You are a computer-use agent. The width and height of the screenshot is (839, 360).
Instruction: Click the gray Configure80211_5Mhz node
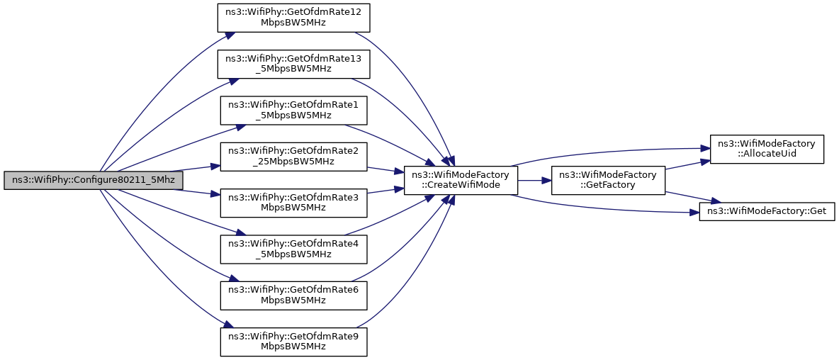pyautogui.click(x=94, y=180)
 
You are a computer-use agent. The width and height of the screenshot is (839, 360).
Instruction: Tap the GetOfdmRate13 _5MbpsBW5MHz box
pyautogui.click(x=293, y=64)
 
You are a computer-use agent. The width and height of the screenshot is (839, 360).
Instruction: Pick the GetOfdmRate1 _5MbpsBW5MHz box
pyautogui.click(x=293, y=109)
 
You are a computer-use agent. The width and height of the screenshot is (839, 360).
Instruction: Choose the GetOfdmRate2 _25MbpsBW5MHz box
pyautogui.click(x=293, y=156)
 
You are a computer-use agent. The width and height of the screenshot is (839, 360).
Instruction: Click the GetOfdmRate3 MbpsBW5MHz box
pyautogui.click(x=293, y=202)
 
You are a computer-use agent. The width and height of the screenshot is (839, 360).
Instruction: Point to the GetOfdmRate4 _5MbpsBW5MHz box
pyautogui.click(x=293, y=248)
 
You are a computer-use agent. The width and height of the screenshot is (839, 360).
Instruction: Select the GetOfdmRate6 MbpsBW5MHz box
pyautogui.click(x=293, y=294)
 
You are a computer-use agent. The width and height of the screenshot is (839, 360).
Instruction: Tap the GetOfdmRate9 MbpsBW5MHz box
pyautogui.click(x=293, y=340)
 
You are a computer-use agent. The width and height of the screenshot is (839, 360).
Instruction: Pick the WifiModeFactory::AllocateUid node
pyautogui.click(x=767, y=149)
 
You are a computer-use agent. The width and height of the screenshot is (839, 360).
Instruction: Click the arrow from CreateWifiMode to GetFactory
pyautogui.click(x=534, y=180)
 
